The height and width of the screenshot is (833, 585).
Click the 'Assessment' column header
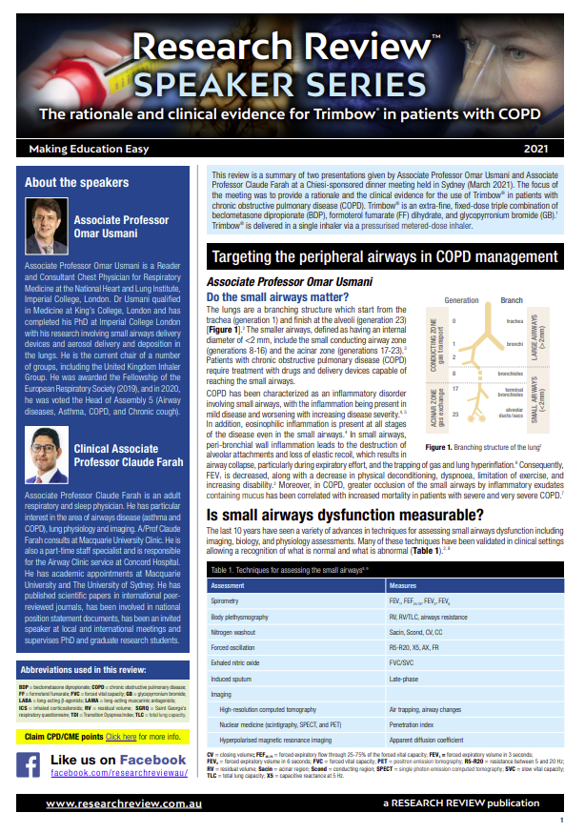(x=228, y=585)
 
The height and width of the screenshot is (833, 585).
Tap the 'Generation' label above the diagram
(x=462, y=300)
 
